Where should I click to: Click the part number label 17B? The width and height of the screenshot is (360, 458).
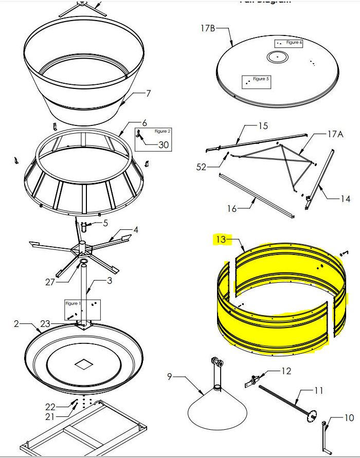point(207,28)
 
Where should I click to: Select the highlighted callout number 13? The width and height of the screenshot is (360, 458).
point(220,239)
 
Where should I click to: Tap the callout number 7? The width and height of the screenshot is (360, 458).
point(148,94)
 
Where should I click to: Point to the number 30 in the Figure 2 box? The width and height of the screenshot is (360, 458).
point(163,145)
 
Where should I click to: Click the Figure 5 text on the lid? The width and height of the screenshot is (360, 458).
point(261,79)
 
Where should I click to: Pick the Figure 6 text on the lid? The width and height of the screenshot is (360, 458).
point(294,42)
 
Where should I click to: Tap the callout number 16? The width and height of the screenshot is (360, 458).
point(232,208)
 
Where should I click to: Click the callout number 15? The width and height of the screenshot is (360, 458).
point(263,125)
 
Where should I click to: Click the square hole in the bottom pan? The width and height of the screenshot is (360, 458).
point(83,364)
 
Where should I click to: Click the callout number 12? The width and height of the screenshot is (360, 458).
point(286,371)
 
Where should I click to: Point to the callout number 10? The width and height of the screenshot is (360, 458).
point(349,418)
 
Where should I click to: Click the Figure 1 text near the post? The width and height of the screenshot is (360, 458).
point(71,303)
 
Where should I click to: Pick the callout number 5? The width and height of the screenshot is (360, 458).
point(105,223)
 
